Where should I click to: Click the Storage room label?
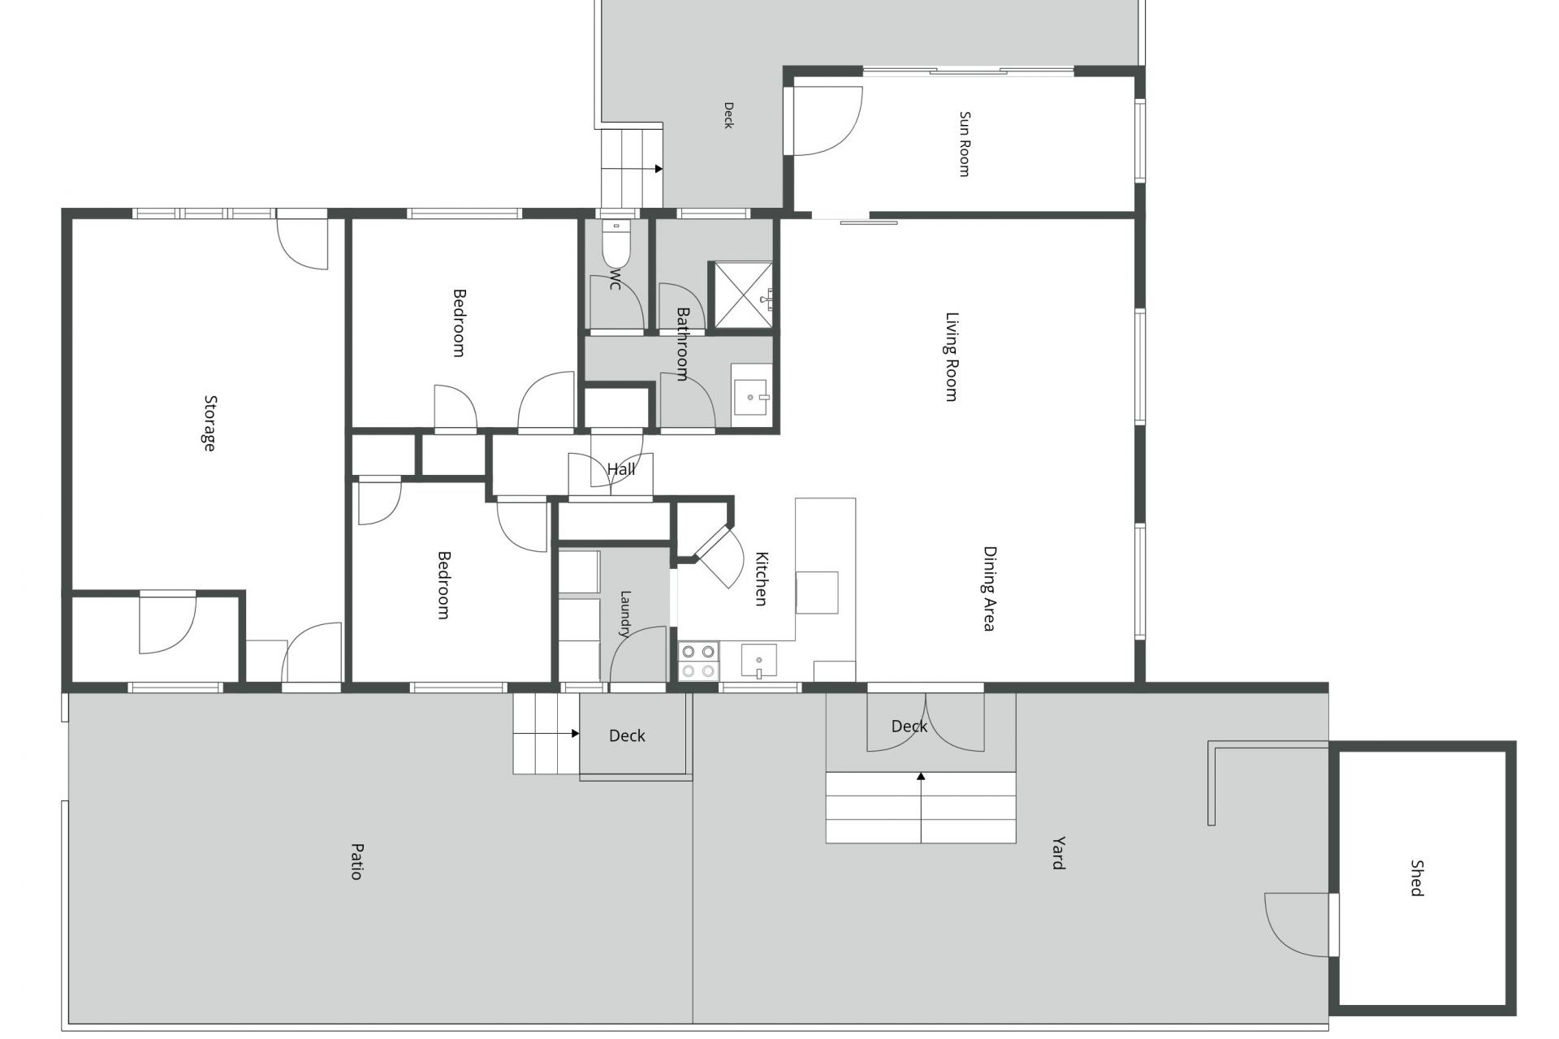210,423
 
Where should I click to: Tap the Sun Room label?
965,144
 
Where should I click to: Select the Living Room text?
952,356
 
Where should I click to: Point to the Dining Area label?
990,588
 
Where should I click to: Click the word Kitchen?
762,579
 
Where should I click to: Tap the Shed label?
1417,878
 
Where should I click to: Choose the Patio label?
356,861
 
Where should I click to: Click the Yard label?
1058,853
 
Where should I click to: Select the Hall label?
621,469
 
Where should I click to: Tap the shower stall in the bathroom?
742,296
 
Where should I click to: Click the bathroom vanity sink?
751,395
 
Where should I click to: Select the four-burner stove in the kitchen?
698,661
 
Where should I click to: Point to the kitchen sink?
758,661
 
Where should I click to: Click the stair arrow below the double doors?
921,808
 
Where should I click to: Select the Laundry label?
625,614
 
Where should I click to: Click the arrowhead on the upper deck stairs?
659,169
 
